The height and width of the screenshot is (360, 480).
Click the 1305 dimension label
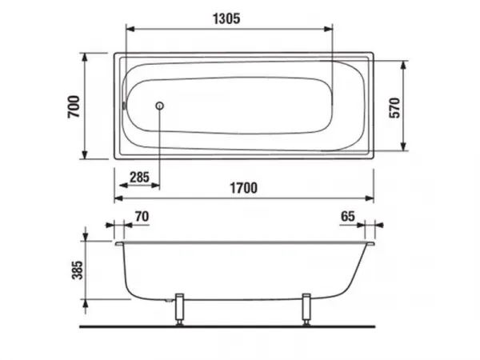click(x=226, y=18)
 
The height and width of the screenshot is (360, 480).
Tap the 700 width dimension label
click(x=74, y=106)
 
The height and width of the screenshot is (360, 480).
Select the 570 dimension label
click(x=395, y=108)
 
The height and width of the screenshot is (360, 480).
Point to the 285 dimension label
click(x=139, y=178)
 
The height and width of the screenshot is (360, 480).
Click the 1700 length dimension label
click(x=244, y=188)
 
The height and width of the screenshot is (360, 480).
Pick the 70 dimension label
click(x=142, y=217)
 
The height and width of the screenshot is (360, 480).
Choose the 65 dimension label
click(x=348, y=217)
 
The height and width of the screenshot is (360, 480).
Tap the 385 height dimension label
click(x=78, y=270)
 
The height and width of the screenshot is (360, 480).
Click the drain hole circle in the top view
click(x=159, y=106)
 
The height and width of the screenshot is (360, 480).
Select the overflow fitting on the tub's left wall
click(x=124, y=106)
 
